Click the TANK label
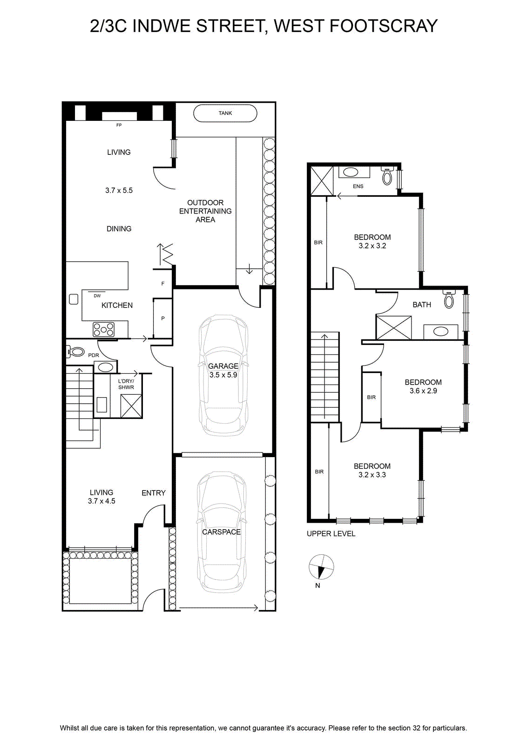(225, 113)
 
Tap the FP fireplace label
(119, 125)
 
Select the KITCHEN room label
(117, 305)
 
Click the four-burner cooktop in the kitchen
(104, 330)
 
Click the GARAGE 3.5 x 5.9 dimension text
(223, 375)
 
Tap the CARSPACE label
(222, 532)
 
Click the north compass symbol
(321, 567)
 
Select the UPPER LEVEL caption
(331, 533)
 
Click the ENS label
(358, 186)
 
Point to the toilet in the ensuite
(387, 176)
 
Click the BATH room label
(422, 305)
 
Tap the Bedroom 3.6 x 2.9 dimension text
(423, 391)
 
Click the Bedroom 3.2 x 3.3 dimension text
(372, 475)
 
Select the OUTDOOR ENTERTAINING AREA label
(205, 211)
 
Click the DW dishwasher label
(97, 296)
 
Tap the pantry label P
(163, 318)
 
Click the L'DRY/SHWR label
(126, 384)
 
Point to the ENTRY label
(154, 493)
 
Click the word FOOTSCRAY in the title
(383, 26)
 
